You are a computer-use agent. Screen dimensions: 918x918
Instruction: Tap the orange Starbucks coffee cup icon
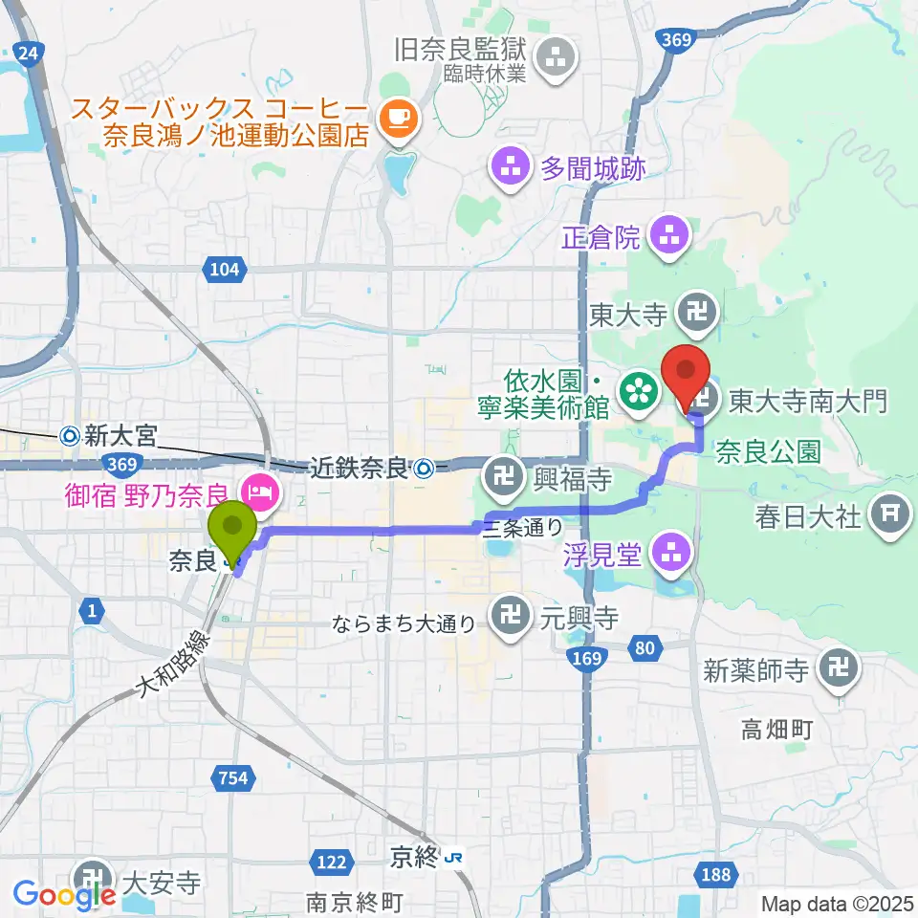click(x=396, y=119)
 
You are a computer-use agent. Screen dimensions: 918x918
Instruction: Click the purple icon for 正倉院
click(x=667, y=235)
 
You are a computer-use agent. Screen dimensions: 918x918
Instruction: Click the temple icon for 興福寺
click(x=501, y=473)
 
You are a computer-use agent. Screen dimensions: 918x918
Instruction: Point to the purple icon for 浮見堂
click(x=667, y=552)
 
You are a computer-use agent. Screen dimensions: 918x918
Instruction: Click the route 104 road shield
click(x=223, y=271)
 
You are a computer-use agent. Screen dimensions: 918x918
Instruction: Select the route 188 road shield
click(x=715, y=875)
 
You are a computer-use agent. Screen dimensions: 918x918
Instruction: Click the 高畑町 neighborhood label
click(x=777, y=732)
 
